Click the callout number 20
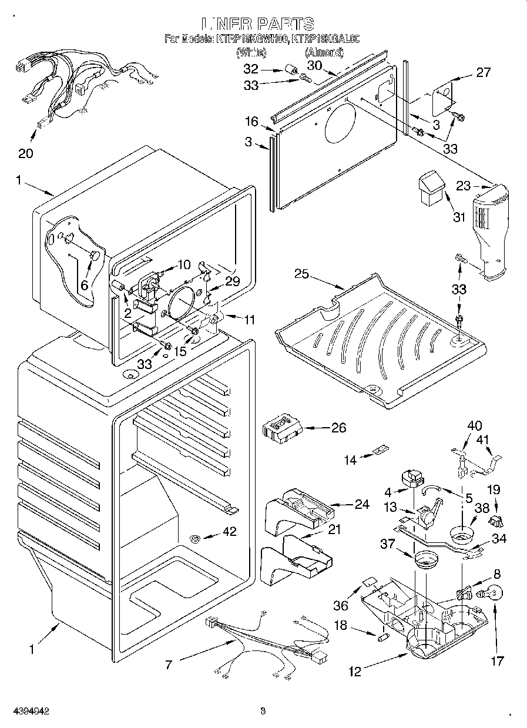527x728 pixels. tap(25, 153)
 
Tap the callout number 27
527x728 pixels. tap(483, 73)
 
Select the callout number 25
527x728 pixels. tap(301, 273)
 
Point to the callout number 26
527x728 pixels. tap(338, 428)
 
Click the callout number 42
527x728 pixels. tap(229, 532)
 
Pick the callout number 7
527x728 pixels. tap(169, 665)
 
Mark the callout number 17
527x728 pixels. tap(497, 661)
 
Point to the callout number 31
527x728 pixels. tap(459, 217)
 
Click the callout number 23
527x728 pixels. tap(464, 186)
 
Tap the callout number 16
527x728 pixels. tap(251, 122)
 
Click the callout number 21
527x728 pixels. tap(334, 529)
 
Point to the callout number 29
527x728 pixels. tap(233, 281)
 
